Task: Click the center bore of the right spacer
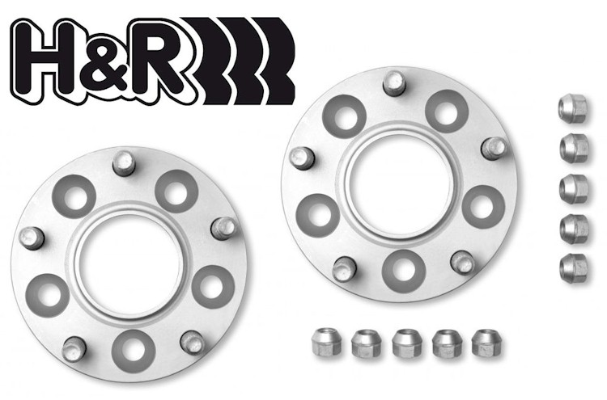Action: coord(400,187)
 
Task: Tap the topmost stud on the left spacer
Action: coord(124,162)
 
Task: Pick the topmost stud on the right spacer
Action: coord(394,83)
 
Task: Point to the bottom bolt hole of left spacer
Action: coord(134,351)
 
